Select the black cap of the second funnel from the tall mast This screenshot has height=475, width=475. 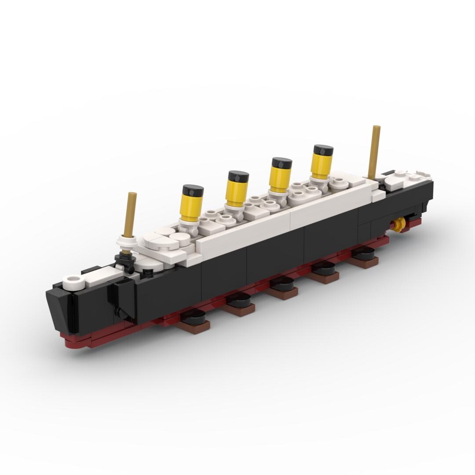click(281, 163)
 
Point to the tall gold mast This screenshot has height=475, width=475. click(375, 152)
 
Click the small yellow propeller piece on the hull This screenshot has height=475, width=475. click(399, 224)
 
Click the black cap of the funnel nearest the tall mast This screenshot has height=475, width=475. click(323, 150)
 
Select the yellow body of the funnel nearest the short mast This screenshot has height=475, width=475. click(192, 207)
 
